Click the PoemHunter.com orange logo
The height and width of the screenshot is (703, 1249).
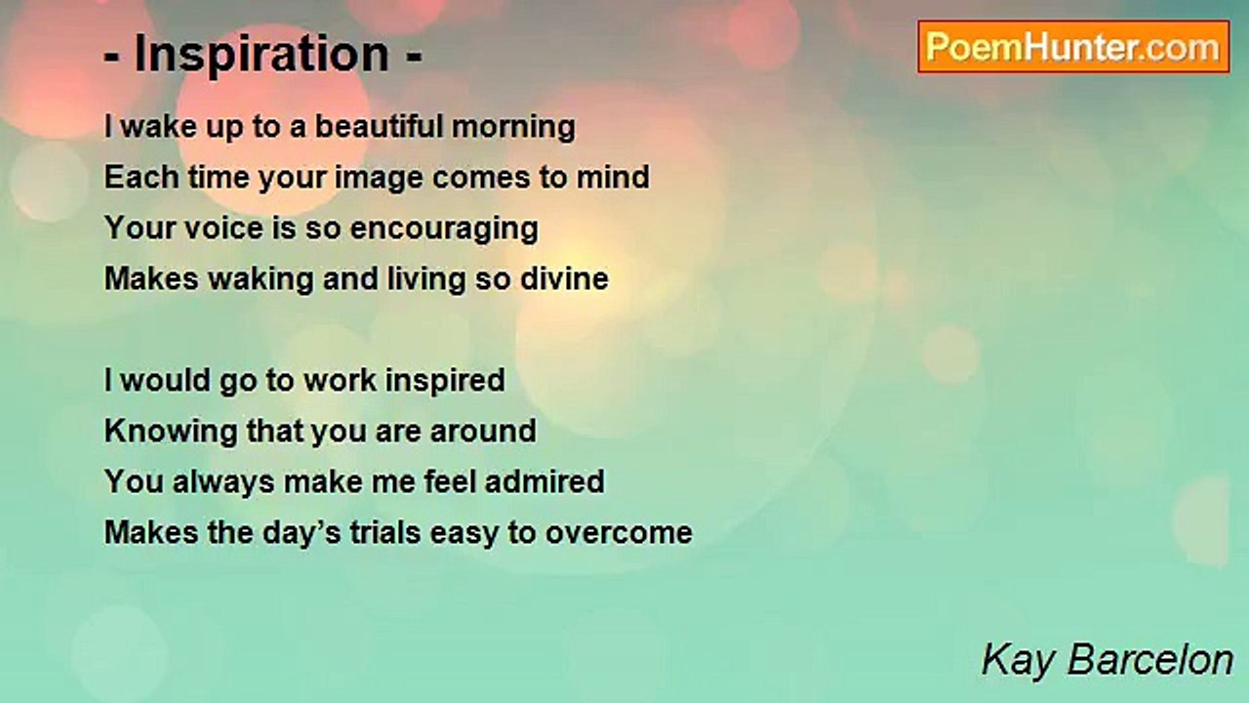pos(1073,47)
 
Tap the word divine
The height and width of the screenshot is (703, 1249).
pos(564,279)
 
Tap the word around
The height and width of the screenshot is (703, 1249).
pos(483,432)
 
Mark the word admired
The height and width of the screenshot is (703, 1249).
pos(544,482)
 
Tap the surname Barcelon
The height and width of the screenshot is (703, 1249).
pos(1150,660)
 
